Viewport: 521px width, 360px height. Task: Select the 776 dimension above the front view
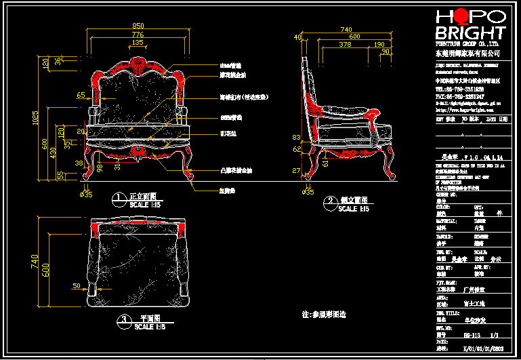(x=138, y=35)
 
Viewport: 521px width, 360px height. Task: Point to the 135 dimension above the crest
(x=138, y=43)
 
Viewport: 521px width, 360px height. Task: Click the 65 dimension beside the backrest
(x=81, y=96)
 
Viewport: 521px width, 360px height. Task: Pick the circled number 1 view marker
(x=119, y=198)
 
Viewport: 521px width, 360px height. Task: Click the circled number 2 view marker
(x=330, y=201)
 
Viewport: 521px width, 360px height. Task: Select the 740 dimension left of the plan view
(x=36, y=261)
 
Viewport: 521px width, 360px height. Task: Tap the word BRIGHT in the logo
(x=470, y=33)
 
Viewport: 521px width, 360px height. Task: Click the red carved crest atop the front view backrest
(x=138, y=65)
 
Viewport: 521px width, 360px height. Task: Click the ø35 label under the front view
(x=86, y=194)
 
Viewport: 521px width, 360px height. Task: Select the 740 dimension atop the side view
(x=346, y=30)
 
